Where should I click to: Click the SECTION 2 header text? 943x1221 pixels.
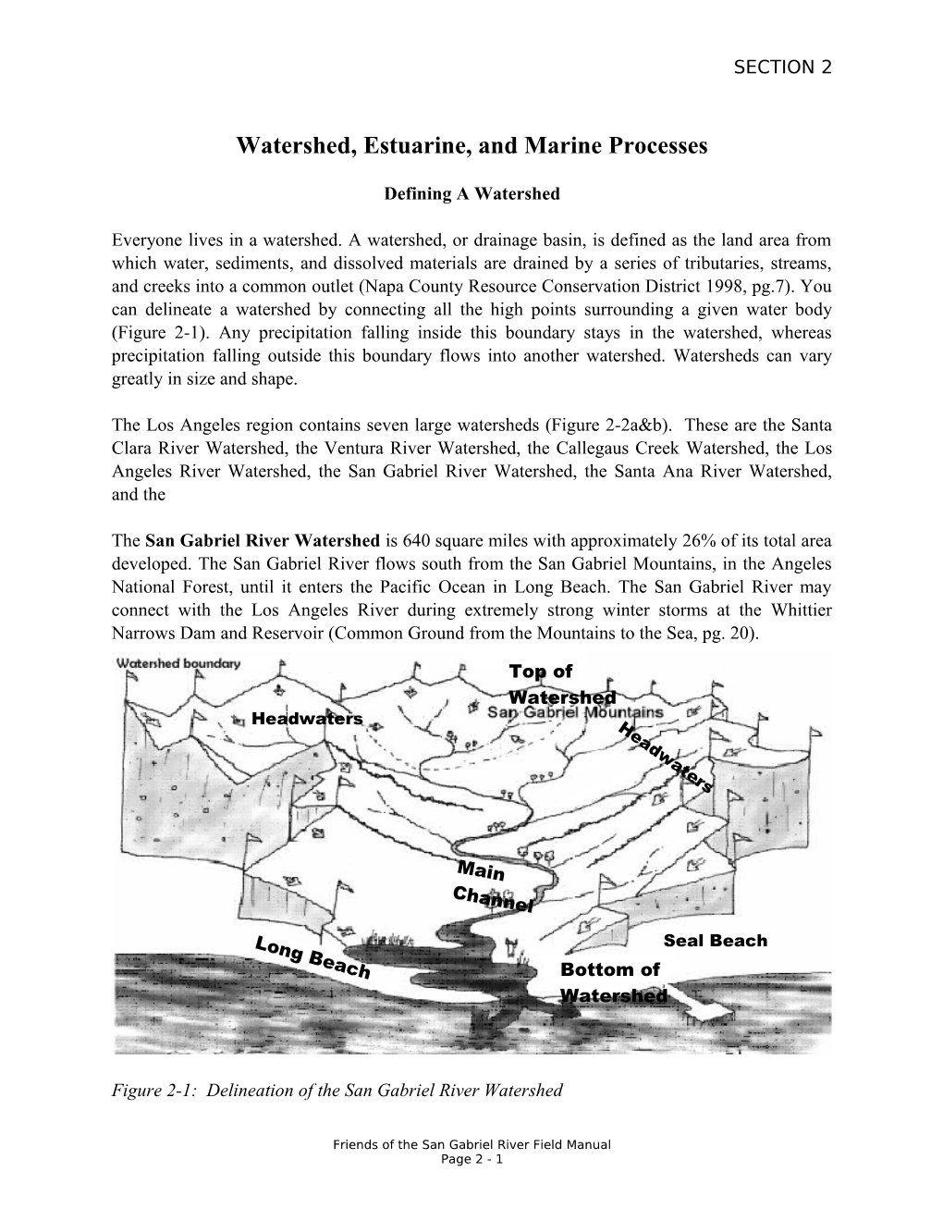(x=781, y=68)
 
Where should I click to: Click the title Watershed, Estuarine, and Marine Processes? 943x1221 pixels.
(x=471, y=146)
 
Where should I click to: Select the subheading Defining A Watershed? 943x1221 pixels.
(x=471, y=194)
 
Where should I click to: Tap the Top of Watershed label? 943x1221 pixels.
(x=555, y=684)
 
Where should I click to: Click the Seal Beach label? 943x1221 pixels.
(x=715, y=941)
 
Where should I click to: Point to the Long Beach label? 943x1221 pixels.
(x=312, y=956)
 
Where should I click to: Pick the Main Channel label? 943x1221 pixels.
(x=489, y=885)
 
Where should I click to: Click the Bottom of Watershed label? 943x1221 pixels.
(x=612, y=982)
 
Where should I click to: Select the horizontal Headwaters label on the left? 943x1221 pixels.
(x=307, y=719)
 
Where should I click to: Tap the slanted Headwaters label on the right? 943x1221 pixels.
(x=666, y=758)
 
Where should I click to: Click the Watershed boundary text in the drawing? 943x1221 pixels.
(x=177, y=662)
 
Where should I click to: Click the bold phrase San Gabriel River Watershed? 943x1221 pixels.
(x=263, y=540)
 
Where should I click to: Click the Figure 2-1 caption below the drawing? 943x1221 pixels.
(x=337, y=1091)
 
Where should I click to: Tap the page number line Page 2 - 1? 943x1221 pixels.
(x=471, y=1159)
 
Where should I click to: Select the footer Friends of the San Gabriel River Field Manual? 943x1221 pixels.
(x=471, y=1145)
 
